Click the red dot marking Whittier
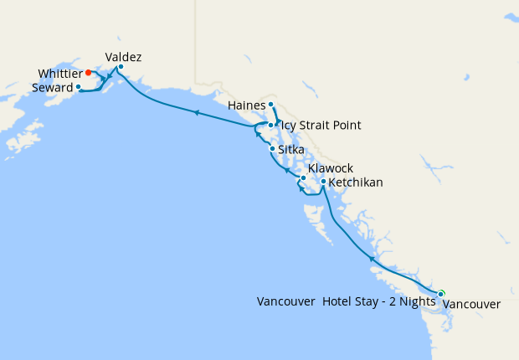tap(88, 73)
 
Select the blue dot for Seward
tap(78, 86)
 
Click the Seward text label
tap(51, 87)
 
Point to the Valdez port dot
tap(121, 67)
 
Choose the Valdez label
tap(123, 57)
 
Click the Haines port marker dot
tap(271, 105)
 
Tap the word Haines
tap(247, 105)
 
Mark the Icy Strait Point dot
tap(270, 125)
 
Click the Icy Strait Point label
tap(321, 126)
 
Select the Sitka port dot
tap(272, 149)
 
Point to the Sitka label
tap(292, 150)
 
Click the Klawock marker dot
tap(303, 177)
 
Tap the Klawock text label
tap(331, 168)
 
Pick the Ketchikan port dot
tap(323, 181)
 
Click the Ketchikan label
tap(357, 182)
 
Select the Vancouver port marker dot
tap(440, 293)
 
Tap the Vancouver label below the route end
tap(471, 304)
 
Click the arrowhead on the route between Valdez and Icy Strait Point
tap(196, 112)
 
